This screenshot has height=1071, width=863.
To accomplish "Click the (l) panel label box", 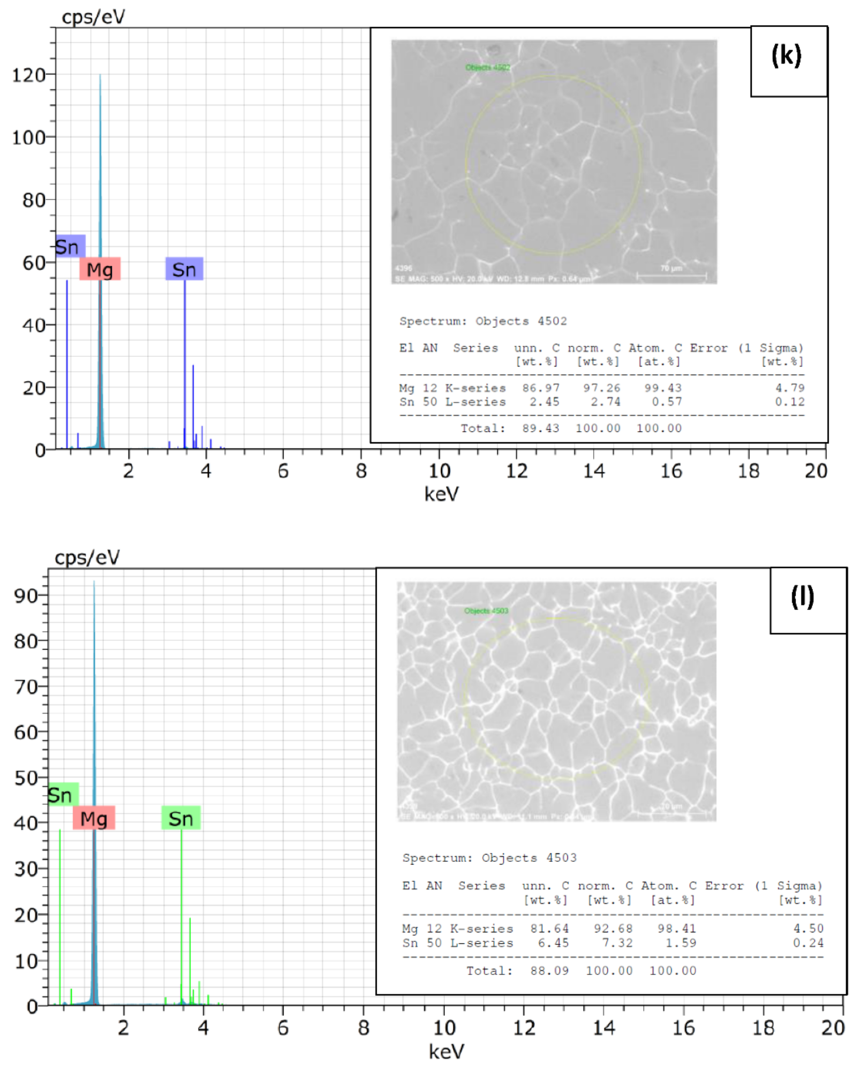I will click(x=808, y=600).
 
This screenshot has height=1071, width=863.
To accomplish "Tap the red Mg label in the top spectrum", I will click(x=100, y=269).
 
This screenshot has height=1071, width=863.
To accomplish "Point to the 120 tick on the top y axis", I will click(x=30, y=75).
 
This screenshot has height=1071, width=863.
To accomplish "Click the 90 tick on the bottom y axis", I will click(x=26, y=595).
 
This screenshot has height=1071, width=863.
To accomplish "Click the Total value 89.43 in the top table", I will click(x=541, y=428).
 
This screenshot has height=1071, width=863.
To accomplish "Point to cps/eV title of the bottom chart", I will click(x=87, y=557).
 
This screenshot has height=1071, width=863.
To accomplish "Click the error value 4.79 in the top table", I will click(x=789, y=388).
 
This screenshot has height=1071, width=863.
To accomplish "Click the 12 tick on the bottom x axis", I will click(x=524, y=1027).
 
